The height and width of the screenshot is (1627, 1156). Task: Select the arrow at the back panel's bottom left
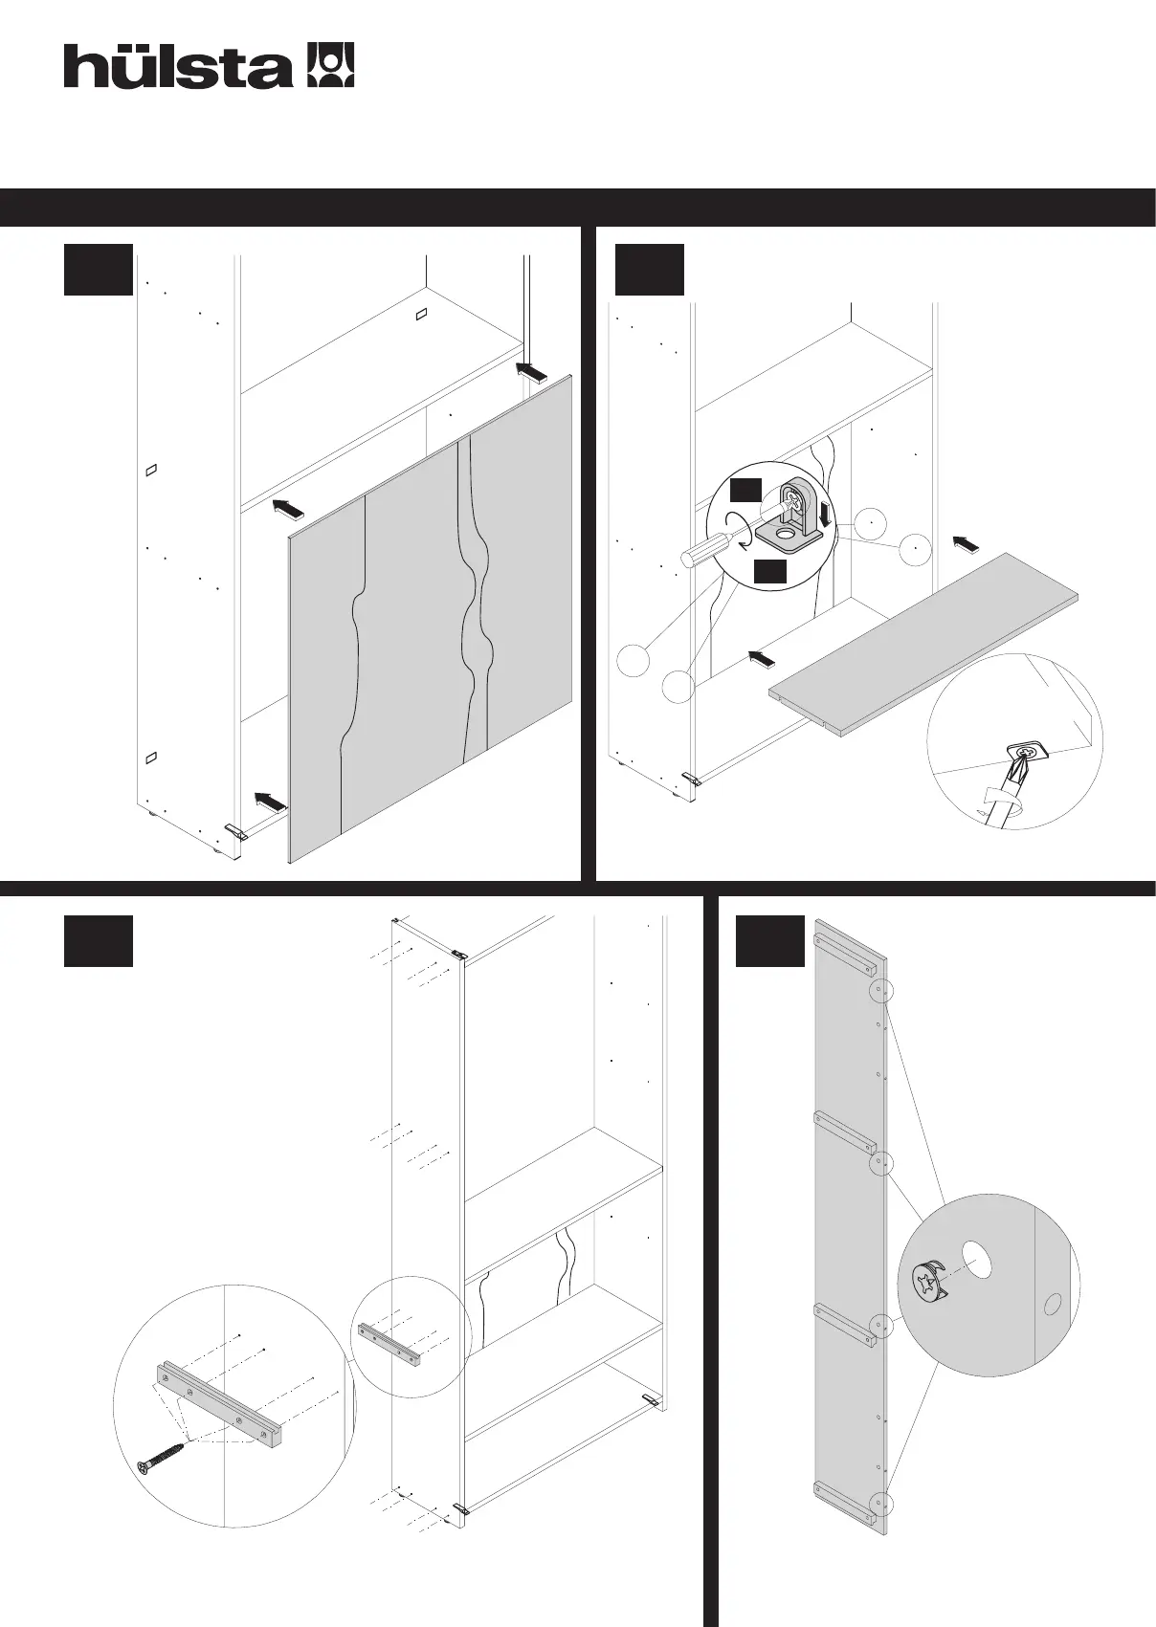[270, 802]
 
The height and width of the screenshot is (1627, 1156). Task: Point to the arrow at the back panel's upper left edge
[286, 507]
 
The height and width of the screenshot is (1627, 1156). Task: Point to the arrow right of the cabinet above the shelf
[966, 543]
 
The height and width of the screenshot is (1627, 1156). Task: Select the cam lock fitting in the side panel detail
[925, 1282]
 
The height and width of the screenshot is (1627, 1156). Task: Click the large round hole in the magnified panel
[976, 1261]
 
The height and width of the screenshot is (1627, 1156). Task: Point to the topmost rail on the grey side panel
[843, 946]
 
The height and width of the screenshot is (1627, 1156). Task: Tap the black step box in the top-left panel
[98, 270]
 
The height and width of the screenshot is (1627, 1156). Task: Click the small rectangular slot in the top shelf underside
[419, 315]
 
